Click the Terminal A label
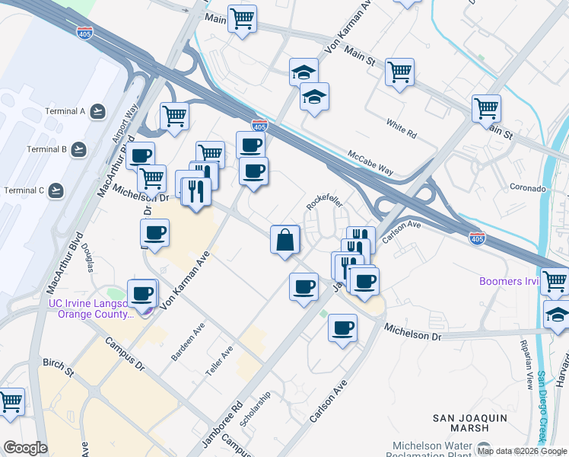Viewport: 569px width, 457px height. click(65, 111)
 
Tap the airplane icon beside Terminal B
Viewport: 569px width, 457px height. click(79, 149)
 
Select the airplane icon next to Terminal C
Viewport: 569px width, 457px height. click(56, 190)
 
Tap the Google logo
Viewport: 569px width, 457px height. click(25, 448)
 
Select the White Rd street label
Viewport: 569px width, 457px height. click(401, 133)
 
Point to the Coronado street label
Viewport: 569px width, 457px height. click(528, 188)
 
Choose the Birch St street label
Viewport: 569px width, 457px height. click(58, 369)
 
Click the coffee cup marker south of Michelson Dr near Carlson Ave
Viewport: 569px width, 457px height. click(342, 328)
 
